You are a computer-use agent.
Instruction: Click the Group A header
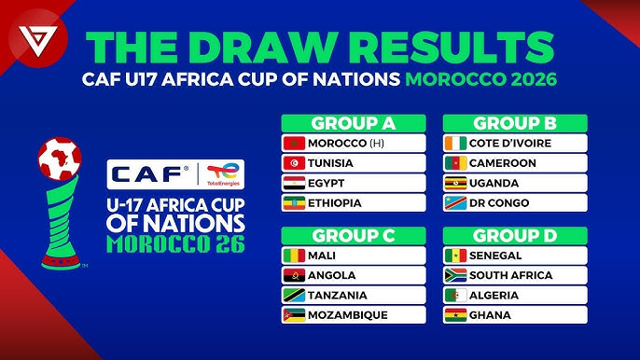pyautogui.click(x=354, y=123)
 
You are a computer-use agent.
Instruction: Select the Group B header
pyautogui.click(x=515, y=123)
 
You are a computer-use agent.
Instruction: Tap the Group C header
pyautogui.click(x=354, y=235)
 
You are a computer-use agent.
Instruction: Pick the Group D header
pyautogui.click(x=515, y=235)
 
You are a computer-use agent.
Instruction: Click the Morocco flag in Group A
pyautogui.click(x=294, y=144)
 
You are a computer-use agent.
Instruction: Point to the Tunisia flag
pyautogui.click(x=294, y=163)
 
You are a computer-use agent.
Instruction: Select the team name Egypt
pyautogui.click(x=332, y=183)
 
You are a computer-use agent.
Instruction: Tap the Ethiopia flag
pyautogui.click(x=294, y=202)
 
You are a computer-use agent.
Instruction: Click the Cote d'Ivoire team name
pyautogui.click(x=510, y=144)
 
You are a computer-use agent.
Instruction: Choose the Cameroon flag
pyautogui.click(x=455, y=163)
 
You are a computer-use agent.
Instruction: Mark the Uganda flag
pyautogui.click(x=455, y=183)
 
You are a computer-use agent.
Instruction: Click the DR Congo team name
pyautogui.click(x=499, y=202)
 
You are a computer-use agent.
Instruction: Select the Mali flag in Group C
pyautogui.click(x=294, y=256)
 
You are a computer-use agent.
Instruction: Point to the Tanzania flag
pyautogui.click(x=294, y=295)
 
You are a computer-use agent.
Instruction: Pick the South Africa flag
pyautogui.click(x=455, y=275)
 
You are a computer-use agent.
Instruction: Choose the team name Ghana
pyautogui.click(x=491, y=314)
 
